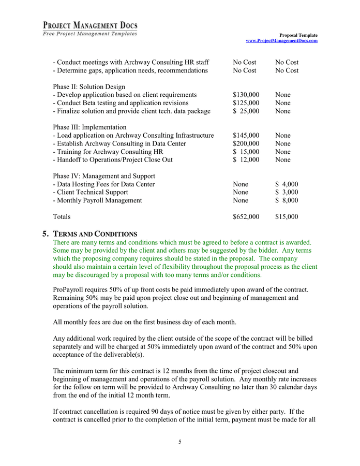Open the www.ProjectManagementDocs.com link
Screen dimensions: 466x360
[281, 40]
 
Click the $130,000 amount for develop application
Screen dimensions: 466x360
[246, 95]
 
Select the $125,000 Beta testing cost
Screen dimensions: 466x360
[246, 103]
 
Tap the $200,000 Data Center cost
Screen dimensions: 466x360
[246, 143]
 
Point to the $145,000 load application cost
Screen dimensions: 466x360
[246, 135]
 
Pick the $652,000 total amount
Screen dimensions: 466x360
[246, 217]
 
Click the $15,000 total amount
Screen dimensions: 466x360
[287, 217]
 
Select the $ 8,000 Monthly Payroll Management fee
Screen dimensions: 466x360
[287, 200]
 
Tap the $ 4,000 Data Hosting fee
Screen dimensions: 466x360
[287, 184]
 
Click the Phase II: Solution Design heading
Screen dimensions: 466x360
[89, 86]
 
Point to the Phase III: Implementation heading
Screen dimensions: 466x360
[89, 127]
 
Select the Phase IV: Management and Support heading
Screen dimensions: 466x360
[104, 176]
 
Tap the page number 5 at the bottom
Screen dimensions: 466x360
[180, 442]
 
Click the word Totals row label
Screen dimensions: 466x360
[62, 217]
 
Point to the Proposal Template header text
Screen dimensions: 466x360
[300, 35]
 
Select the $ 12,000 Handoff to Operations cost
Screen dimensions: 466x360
[246, 160]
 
